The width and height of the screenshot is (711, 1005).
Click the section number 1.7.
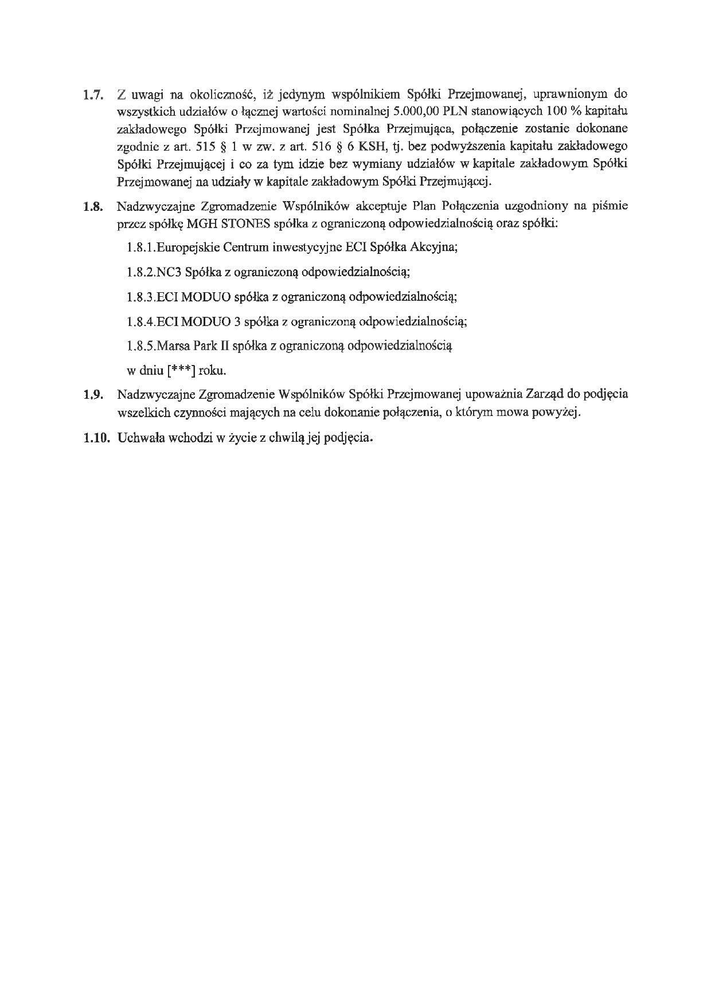(x=92, y=95)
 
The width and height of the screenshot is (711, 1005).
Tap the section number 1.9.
(x=92, y=395)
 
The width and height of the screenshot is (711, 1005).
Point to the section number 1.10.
(x=95, y=438)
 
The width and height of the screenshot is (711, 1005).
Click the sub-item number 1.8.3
(x=140, y=297)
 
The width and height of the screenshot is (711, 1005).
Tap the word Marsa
(x=173, y=346)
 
